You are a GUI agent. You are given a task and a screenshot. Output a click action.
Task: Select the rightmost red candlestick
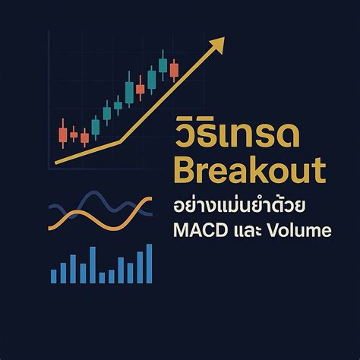click(174, 70)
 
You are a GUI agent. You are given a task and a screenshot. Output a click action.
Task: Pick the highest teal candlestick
click(163, 65)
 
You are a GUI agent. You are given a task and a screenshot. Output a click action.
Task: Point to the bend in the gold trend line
click(119, 141)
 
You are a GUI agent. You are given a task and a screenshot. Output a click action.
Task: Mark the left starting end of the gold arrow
click(58, 162)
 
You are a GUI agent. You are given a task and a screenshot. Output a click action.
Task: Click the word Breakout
click(247, 169)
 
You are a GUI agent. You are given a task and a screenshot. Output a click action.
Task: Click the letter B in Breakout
click(185, 169)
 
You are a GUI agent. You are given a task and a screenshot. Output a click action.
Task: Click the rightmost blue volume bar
click(150, 263)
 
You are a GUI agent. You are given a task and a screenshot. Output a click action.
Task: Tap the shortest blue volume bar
click(102, 277)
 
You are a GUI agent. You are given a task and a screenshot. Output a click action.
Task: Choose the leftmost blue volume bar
click(54, 275)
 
